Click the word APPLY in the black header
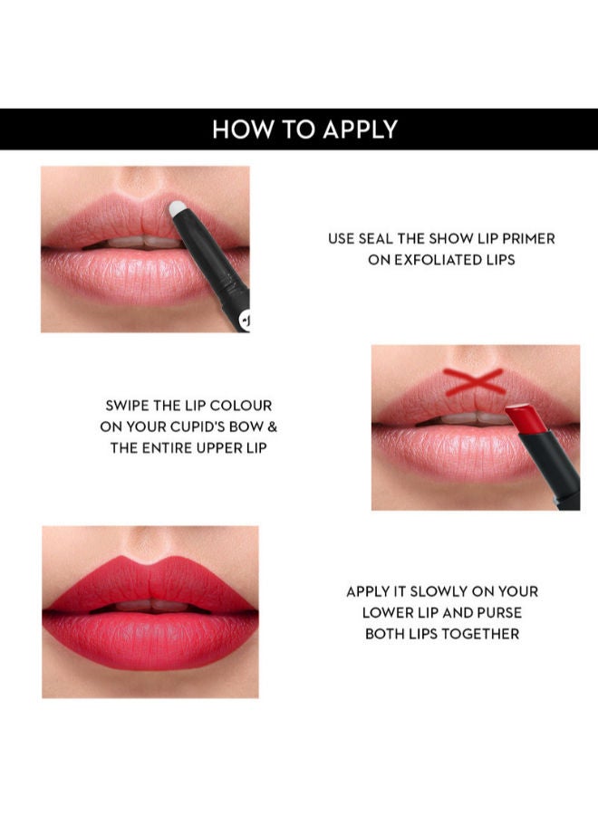point(360,129)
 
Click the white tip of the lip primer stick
point(177,208)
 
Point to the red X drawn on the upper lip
point(474,381)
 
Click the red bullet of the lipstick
point(526,417)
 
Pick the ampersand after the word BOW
point(272,427)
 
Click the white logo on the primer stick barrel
point(245,321)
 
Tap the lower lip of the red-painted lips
point(150,638)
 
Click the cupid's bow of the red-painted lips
point(149,562)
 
